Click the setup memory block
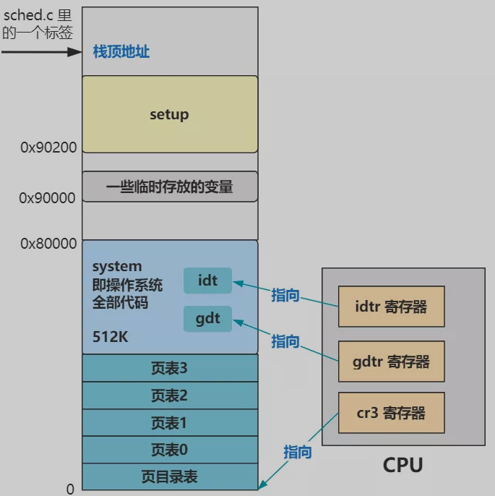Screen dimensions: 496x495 [170, 114]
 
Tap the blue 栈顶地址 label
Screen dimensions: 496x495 [121, 52]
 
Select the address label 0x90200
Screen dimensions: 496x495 [48, 147]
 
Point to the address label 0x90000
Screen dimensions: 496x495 [48, 197]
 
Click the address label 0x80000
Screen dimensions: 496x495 [48, 244]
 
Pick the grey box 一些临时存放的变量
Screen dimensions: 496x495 [170, 187]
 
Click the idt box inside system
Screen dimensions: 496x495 [207, 281]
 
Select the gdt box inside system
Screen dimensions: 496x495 [207, 319]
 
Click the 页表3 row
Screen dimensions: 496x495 [170, 368]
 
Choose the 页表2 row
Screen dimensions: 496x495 [170, 395]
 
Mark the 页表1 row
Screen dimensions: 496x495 [170, 422]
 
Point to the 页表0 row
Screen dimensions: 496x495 [170, 450]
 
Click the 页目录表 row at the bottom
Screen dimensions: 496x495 [170, 476]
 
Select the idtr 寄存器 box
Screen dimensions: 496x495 [391, 307]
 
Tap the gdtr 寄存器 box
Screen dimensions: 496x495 [391, 361]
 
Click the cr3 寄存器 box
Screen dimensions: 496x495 [391, 413]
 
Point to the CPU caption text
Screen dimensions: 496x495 [403, 465]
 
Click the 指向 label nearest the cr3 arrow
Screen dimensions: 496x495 [298, 452]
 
